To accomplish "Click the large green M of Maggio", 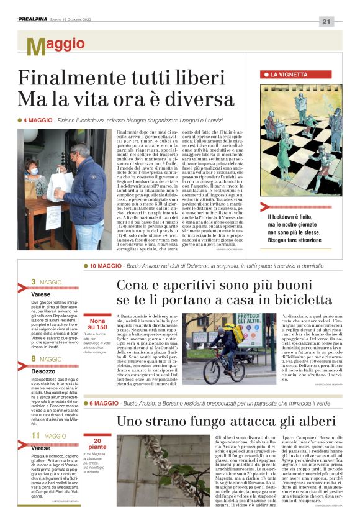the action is tap(35, 47).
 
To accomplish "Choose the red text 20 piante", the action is tap(97, 443).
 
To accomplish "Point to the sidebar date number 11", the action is tap(36, 435).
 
